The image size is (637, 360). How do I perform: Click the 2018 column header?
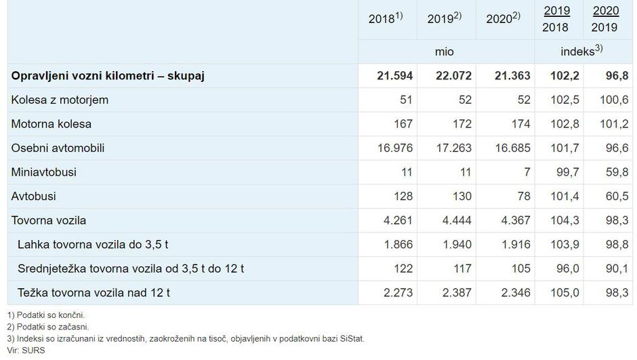click(x=385, y=18)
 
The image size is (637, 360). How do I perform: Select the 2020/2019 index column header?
click(x=605, y=19)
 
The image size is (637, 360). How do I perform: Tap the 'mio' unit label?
click(x=445, y=52)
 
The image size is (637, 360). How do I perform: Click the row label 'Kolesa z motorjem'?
click(x=60, y=100)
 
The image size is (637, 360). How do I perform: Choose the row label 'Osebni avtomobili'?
click(x=58, y=148)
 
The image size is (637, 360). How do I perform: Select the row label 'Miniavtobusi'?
click(x=44, y=172)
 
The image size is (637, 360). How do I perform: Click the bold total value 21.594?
click(x=394, y=75)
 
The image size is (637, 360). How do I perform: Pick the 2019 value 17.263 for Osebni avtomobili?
click(x=453, y=148)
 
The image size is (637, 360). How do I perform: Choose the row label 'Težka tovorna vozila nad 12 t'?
click(x=94, y=293)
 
